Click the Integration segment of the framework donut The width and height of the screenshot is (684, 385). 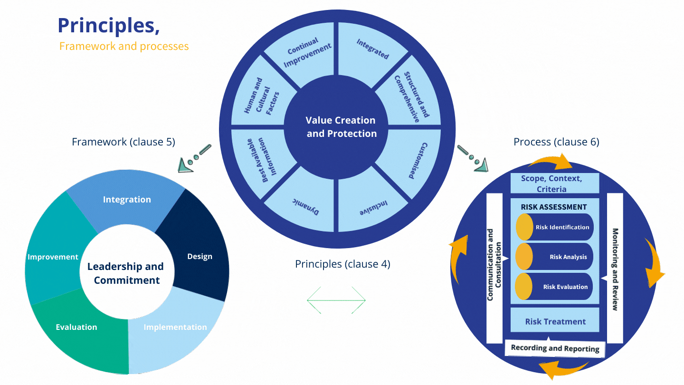pyautogui.click(x=127, y=199)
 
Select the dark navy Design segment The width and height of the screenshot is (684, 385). pyautogui.click(x=199, y=256)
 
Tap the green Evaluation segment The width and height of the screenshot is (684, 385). pyautogui.click(x=76, y=327)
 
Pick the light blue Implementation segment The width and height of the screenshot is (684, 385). pyautogui.click(x=175, y=327)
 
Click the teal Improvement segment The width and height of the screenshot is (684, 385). pyautogui.click(x=53, y=257)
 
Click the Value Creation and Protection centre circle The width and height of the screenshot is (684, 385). pyautogui.click(x=341, y=127)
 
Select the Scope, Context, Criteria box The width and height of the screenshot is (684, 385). pyautogui.click(x=551, y=183)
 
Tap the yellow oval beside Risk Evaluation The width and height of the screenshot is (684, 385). pyautogui.click(x=524, y=287)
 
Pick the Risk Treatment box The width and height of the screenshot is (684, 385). pyautogui.click(x=555, y=321)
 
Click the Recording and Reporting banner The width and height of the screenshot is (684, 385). pyautogui.click(x=555, y=348)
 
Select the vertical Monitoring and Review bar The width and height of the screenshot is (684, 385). pyautogui.click(x=615, y=269)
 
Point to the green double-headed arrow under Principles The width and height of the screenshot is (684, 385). pyautogui.click(x=336, y=300)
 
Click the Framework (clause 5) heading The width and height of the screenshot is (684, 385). pyautogui.click(x=123, y=142)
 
